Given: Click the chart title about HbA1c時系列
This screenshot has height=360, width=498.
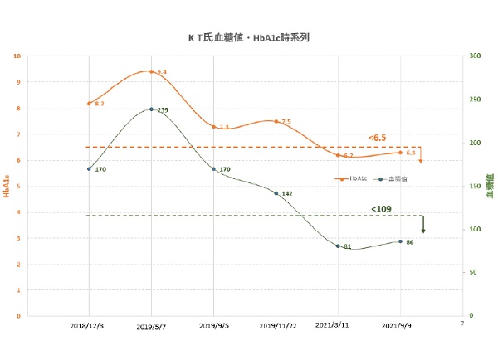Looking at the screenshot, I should click(x=249, y=37).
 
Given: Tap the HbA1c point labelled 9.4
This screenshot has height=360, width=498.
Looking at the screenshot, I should click(x=151, y=71).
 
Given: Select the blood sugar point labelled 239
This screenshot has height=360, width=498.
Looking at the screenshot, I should click(x=151, y=109).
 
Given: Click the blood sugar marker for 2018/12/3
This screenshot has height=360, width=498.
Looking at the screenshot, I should click(x=89, y=168).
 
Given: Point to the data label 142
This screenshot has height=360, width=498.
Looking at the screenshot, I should click(x=287, y=193).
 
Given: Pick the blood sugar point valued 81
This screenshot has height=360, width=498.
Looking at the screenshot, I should click(x=338, y=246).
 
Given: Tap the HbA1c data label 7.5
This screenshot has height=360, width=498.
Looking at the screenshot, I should click(x=286, y=122).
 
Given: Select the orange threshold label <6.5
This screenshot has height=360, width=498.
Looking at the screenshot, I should click(x=378, y=137).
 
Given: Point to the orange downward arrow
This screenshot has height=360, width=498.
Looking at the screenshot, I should click(x=421, y=155).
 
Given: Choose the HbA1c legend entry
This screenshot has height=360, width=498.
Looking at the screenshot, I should click(x=351, y=178).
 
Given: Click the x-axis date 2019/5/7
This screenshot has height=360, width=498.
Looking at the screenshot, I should click(x=151, y=327).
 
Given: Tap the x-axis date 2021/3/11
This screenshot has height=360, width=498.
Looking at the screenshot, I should click(x=338, y=327).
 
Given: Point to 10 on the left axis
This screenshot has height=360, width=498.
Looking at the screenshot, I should click(x=17, y=56).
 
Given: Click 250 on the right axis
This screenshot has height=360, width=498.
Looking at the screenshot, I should click(x=475, y=100).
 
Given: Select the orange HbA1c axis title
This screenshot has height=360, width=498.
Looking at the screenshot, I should click(x=7, y=187).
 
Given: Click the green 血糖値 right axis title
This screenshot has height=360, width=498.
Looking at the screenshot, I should click(x=490, y=187).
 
